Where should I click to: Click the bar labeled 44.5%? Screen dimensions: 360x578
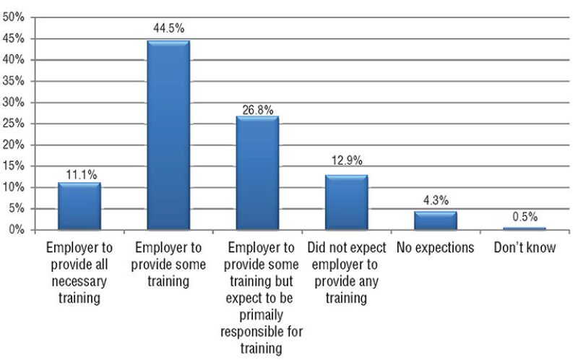[x=168, y=135]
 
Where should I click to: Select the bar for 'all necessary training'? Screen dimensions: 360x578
[x=79, y=206]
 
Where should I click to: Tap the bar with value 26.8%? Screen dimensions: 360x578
[x=257, y=173]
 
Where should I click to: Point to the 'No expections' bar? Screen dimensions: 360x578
[x=435, y=220]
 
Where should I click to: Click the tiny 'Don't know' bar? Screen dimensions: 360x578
[x=524, y=228]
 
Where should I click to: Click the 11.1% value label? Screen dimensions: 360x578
[x=79, y=174]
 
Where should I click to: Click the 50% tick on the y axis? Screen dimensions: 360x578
[x=14, y=17]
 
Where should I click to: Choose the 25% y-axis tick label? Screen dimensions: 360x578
[x=14, y=124]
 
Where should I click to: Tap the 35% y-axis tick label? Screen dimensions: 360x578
[x=14, y=81]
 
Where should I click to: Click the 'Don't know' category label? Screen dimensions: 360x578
[x=524, y=248]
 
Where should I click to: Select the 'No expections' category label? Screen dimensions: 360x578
[x=435, y=248]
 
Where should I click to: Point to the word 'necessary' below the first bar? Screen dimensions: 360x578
[x=79, y=281]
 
